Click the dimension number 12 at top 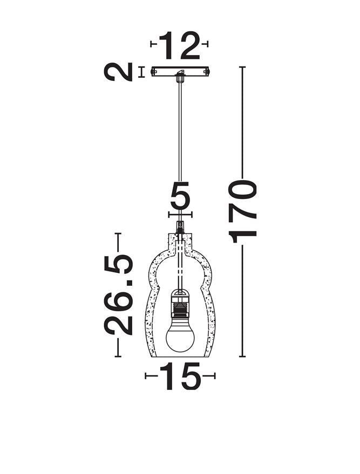click(x=180, y=45)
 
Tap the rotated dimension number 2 click(x=119, y=72)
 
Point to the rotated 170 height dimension click(x=243, y=211)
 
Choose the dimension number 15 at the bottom click(x=180, y=376)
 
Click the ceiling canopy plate click(x=180, y=72)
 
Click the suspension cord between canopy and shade click(x=180, y=146)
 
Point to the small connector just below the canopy click(x=180, y=79)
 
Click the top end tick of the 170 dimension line click(x=243, y=67)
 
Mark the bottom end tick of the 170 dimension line click(x=243, y=356)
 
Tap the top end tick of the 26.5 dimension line click(x=119, y=233)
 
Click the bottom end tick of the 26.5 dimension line click(x=119, y=356)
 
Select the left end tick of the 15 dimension click(x=146, y=376)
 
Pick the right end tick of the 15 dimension click(x=214, y=376)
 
